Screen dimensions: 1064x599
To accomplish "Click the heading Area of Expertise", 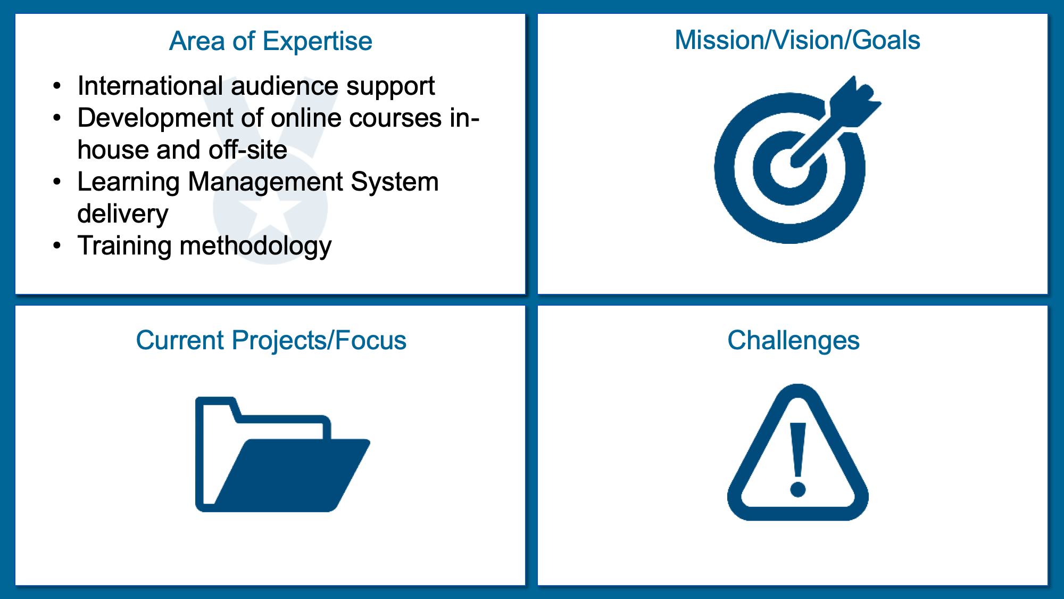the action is (271, 42).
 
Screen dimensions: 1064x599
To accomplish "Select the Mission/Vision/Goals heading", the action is (797, 40).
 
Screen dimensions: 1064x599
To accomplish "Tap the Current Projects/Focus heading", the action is (271, 341).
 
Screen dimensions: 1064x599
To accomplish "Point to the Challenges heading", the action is (793, 341).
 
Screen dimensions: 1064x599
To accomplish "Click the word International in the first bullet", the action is (150, 86).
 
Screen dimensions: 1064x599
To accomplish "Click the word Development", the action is (155, 118).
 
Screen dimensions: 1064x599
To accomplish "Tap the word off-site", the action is (248, 150).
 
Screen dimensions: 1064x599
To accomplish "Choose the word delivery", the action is (123, 214).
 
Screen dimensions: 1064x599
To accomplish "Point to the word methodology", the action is (256, 246).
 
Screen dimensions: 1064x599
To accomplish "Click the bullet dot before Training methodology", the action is (57, 245).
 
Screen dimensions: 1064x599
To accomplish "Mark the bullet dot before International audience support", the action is (57, 86).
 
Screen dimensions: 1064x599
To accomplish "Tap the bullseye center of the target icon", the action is (789, 168).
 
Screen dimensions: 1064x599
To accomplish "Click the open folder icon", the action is (282, 454).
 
